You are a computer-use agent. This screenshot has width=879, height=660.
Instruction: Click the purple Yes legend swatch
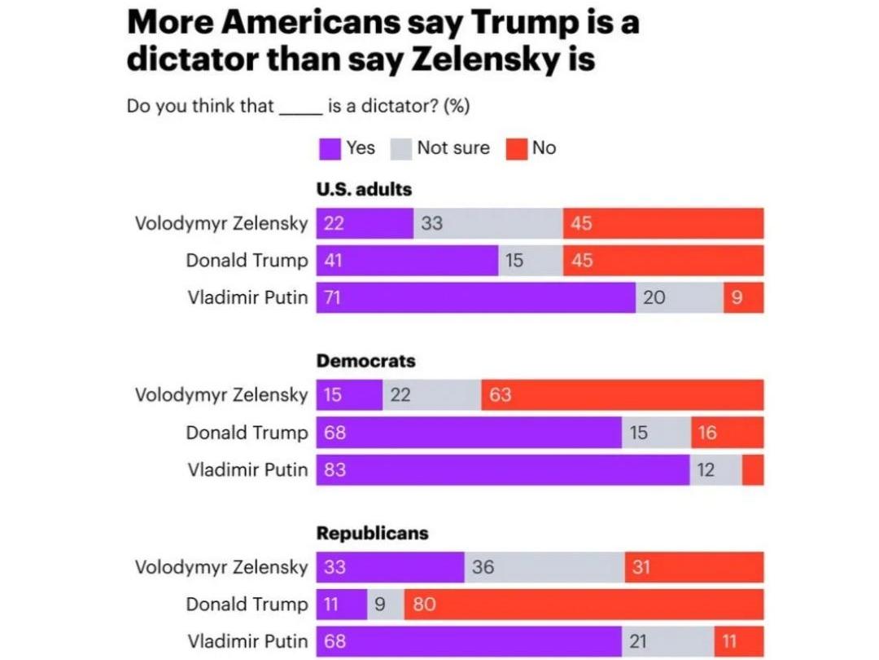(330, 149)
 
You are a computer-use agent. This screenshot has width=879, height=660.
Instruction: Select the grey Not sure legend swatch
(402, 149)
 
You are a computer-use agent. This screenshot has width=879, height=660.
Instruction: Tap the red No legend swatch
(518, 149)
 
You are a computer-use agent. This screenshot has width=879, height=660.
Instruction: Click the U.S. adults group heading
(364, 189)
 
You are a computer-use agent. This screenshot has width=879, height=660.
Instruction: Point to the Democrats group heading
(365, 361)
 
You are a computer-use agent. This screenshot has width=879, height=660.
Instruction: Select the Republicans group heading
(372, 533)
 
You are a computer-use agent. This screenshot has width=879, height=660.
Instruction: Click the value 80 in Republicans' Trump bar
(425, 605)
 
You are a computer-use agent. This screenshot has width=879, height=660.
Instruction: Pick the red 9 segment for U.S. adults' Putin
(743, 297)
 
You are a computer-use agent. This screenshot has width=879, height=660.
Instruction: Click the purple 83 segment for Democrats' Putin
(503, 470)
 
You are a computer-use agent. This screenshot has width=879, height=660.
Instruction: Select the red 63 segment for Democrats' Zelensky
(622, 395)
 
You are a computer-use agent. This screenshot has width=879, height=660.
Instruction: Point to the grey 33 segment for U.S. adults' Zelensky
(488, 223)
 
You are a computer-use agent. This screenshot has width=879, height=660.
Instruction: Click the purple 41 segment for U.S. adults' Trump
(407, 261)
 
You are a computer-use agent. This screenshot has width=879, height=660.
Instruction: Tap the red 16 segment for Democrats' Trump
(727, 433)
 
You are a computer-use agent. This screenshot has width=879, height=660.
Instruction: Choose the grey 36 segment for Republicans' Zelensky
(544, 567)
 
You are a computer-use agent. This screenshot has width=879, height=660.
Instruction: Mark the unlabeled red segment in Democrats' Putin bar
(753, 470)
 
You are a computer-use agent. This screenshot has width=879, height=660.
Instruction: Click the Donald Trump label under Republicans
(247, 605)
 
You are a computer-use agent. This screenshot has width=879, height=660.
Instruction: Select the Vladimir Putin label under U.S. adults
(247, 297)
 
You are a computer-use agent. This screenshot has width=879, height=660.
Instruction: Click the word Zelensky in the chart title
(515, 59)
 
